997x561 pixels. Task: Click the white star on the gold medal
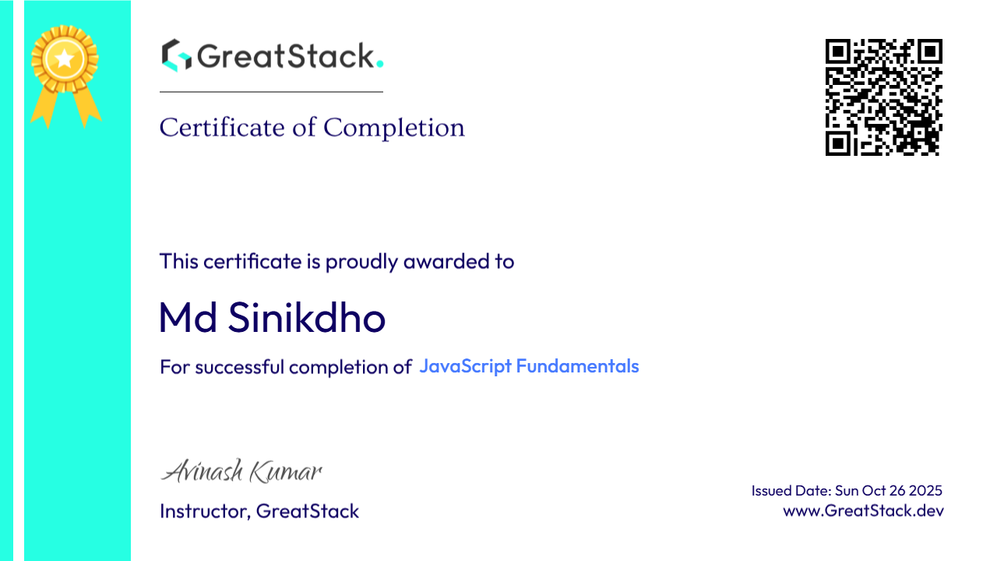(65, 58)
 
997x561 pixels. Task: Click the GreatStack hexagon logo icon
(176, 55)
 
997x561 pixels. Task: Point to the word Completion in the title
(394, 128)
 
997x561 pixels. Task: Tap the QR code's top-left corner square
(838, 52)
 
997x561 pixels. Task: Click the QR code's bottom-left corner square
(838, 143)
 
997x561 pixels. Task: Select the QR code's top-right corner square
(929, 52)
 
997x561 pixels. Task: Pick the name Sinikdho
(308, 318)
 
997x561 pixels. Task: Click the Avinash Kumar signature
(241, 471)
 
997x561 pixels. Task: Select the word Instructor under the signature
(204, 511)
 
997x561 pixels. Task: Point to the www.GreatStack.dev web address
(863, 511)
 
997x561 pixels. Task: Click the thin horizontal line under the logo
(271, 92)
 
